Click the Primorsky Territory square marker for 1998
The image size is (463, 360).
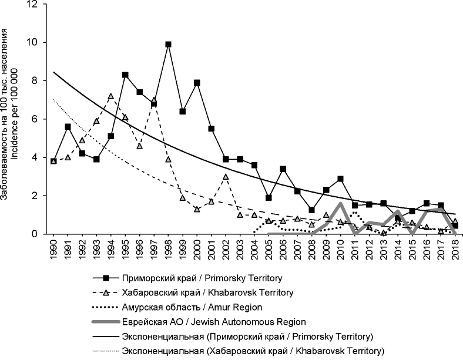[x=168, y=44]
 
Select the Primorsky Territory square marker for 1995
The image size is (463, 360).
[x=125, y=75]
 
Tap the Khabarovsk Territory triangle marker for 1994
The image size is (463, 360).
[x=111, y=96]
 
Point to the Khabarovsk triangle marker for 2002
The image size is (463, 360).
[x=226, y=176]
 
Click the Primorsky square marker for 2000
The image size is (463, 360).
[x=197, y=82]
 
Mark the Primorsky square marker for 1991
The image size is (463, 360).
[x=68, y=126]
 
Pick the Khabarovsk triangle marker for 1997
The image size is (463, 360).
[x=154, y=100]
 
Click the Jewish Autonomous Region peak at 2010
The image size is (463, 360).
[x=340, y=204]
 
